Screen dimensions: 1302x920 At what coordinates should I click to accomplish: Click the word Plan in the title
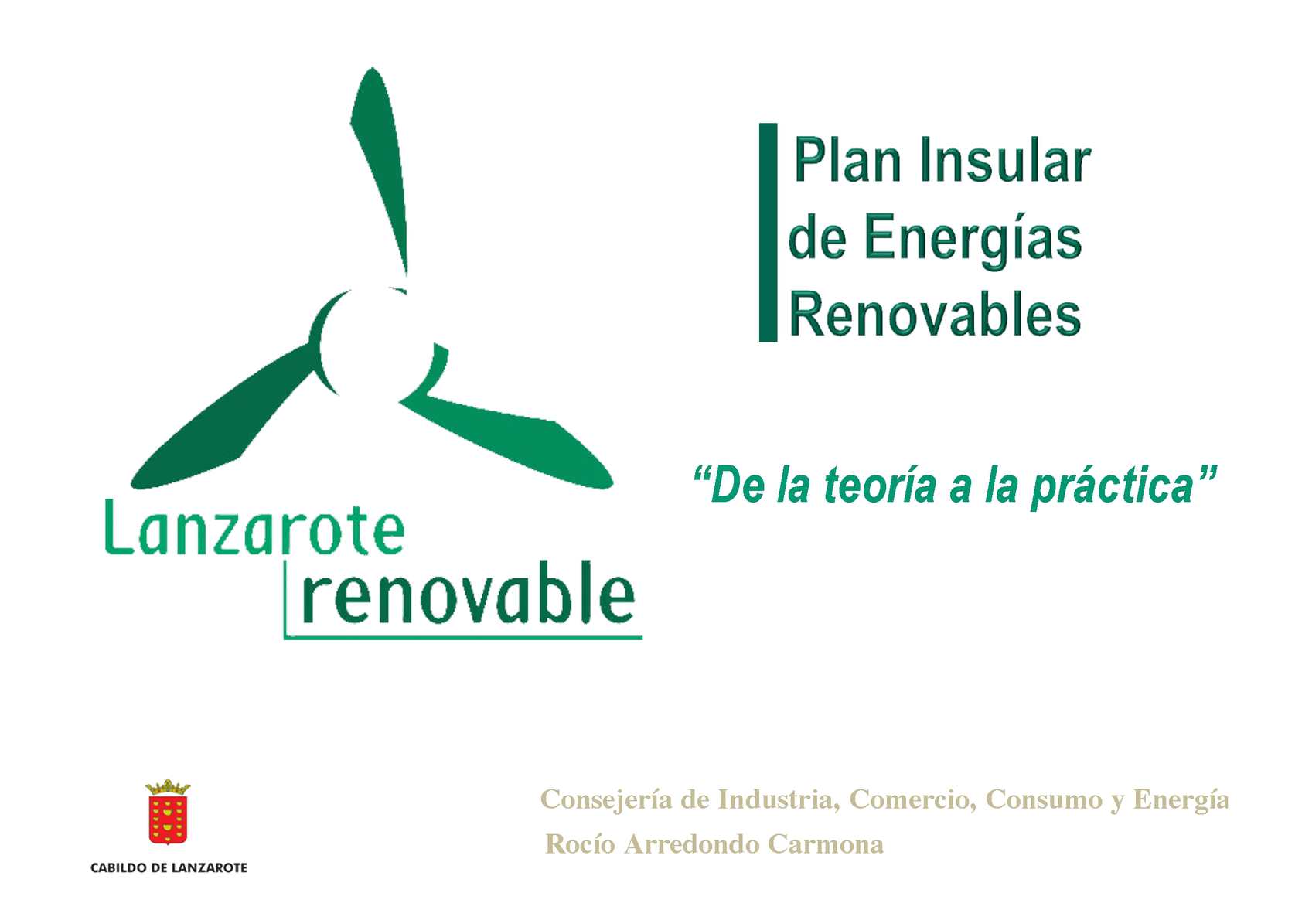click(x=847, y=159)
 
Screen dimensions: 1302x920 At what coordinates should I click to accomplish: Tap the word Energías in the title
click(x=973, y=240)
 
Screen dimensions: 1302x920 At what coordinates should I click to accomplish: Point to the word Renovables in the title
click(x=936, y=315)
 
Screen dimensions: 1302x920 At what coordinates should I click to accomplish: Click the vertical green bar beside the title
click(x=768, y=232)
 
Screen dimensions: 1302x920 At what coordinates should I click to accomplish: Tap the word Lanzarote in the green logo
click(x=254, y=528)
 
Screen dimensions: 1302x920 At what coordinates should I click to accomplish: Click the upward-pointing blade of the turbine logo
click(x=380, y=169)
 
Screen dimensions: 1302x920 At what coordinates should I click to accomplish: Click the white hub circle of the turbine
click(x=377, y=346)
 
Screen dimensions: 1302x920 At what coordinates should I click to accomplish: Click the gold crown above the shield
click(x=168, y=788)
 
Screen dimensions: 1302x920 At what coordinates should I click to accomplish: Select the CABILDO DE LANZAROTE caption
click(x=169, y=867)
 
